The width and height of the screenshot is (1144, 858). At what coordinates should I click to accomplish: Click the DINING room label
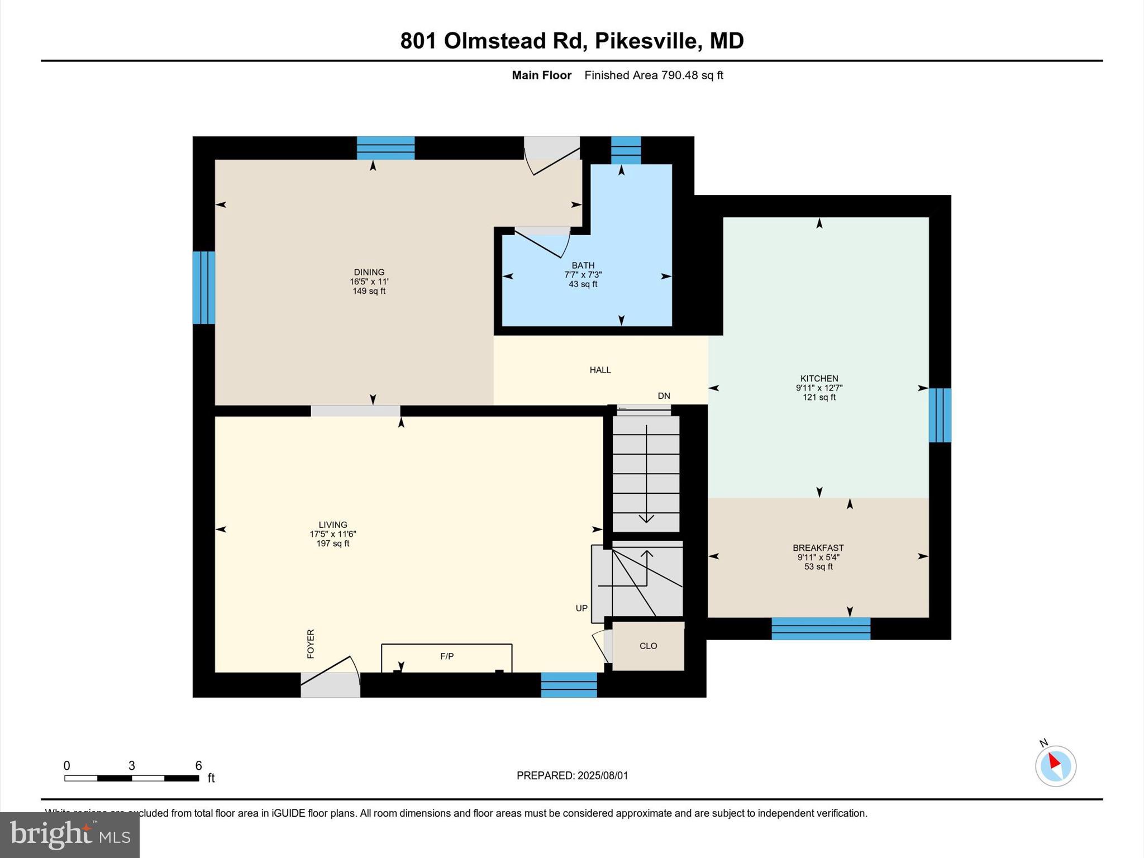tap(369, 272)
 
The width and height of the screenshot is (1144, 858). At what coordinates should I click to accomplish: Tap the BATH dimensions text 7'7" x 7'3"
tap(583, 275)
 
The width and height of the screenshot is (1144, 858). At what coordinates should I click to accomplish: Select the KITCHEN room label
tap(819, 378)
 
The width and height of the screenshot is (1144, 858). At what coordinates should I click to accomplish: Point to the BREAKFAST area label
tap(818, 548)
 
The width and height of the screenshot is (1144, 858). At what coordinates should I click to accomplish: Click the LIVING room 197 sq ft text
tap(333, 544)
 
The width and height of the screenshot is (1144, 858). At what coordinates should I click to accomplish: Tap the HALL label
tap(600, 370)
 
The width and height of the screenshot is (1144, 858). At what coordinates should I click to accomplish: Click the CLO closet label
tap(648, 646)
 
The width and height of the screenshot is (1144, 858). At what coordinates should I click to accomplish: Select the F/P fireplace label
tap(446, 656)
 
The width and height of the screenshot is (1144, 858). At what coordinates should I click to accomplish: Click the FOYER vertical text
tap(311, 643)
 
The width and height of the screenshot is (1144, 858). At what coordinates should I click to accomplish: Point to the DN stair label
tap(664, 396)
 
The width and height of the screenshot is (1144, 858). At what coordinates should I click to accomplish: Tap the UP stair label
tap(581, 608)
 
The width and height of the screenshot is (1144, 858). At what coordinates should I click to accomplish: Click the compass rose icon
tap(1055, 766)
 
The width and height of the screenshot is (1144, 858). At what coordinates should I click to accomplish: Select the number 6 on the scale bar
tap(198, 766)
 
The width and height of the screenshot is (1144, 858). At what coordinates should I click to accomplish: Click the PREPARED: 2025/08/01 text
tap(572, 775)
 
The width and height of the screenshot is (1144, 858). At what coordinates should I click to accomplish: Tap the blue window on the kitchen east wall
tap(940, 415)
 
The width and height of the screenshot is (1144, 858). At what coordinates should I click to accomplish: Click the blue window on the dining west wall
tap(203, 288)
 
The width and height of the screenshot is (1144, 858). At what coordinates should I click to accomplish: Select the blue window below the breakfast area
tap(821, 628)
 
